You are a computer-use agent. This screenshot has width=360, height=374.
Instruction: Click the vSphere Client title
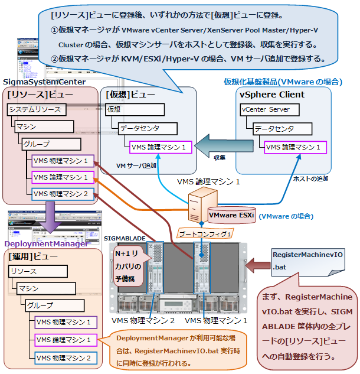coord(272,94)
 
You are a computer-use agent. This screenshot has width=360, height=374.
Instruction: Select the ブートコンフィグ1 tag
coord(198,234)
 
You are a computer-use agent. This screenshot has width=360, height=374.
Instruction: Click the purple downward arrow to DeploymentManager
coord(50,216)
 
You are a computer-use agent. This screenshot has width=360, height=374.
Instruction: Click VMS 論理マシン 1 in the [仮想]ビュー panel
coord(158,147)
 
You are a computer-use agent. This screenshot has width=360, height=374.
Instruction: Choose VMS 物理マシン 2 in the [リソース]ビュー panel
coord(61,193)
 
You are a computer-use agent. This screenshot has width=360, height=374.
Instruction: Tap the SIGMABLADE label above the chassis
coord(124,237)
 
